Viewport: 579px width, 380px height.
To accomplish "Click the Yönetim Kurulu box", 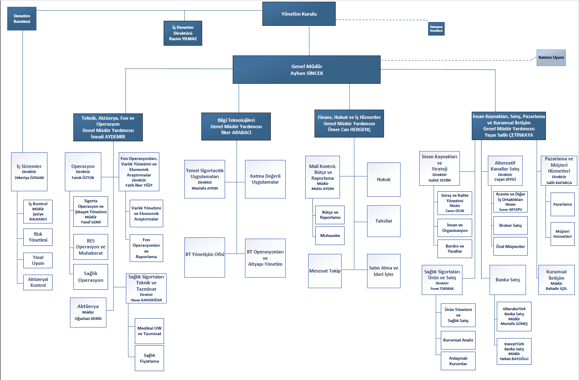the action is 299,14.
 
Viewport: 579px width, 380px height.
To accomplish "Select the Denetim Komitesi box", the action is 22,19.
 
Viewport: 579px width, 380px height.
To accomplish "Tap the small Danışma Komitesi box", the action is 436,29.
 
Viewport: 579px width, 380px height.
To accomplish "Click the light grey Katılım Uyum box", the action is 551,58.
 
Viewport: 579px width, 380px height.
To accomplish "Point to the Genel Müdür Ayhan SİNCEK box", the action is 306,70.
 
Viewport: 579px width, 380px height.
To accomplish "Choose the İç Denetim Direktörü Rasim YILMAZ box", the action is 183,33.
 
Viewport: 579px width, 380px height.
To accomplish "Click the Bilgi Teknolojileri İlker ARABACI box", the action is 236,127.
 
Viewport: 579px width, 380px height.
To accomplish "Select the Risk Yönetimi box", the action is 38,237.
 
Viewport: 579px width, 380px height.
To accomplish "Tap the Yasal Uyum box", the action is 38,260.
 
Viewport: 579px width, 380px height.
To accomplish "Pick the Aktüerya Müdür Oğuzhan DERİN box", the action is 88,312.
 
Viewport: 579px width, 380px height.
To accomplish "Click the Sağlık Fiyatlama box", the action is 149,358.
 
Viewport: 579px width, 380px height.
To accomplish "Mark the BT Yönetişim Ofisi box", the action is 205,257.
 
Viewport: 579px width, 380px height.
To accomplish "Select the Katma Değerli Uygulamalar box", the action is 265,179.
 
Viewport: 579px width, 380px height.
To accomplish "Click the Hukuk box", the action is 384,179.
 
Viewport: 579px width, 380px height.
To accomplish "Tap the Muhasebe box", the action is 330,236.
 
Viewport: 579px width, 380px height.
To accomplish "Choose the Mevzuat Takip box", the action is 325,271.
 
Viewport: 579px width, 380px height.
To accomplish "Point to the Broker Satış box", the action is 510,226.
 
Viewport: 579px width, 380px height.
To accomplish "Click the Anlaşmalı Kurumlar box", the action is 458,361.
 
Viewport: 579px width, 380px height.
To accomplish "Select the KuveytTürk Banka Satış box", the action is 514,351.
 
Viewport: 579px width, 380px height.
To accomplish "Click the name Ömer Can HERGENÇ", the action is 349,129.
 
